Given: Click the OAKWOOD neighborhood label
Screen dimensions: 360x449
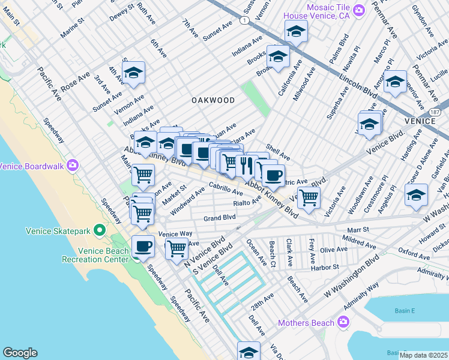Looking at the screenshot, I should (x=213, y=100).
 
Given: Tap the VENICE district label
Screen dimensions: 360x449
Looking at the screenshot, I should (x=420, y=121).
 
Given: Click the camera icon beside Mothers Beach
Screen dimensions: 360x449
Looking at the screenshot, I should (x=343, y=323).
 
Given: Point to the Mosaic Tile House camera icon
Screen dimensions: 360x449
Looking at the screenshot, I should (x=359, y=9).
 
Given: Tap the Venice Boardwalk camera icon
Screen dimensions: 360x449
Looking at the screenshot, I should (x=73, y=165).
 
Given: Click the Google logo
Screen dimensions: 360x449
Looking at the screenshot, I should (x=20, y=353).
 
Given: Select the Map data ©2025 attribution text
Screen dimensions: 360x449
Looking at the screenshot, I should (x=423, y=355).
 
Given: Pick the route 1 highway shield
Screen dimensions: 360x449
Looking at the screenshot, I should (x=244, y=20).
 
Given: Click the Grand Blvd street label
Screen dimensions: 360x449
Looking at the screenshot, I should (x=219, y=218).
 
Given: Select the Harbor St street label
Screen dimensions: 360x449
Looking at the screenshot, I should (x=324, y=266).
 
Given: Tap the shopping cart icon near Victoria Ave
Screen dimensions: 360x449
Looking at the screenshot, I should (x=309, y=197).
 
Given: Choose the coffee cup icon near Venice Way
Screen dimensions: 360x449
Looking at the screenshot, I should (x=143, y=246).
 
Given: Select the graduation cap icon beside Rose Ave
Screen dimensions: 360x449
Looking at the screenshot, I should (x=134, y=74).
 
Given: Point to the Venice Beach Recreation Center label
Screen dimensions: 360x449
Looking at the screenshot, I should (x=95, y=255).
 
